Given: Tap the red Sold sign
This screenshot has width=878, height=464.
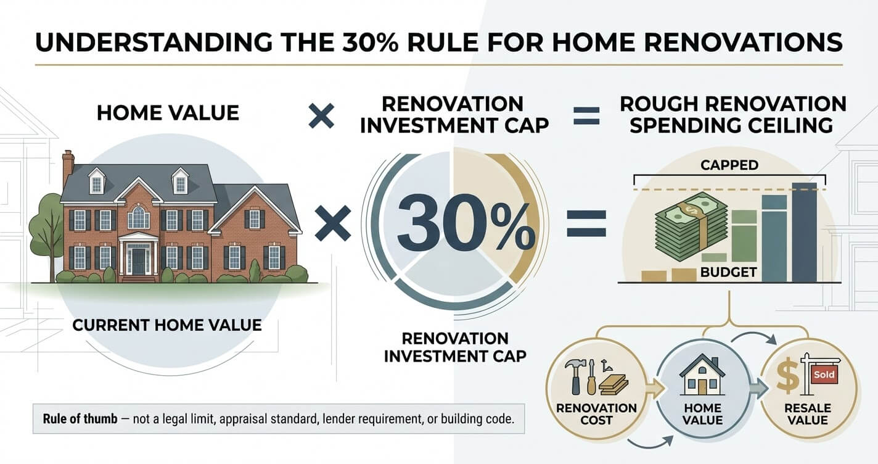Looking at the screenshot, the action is pos(824,374).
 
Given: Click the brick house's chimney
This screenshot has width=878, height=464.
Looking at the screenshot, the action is pos(68,168).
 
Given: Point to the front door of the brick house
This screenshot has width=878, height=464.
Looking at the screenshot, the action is pos(138,261).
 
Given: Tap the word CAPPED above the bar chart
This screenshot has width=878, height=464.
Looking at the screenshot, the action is pos(729,165).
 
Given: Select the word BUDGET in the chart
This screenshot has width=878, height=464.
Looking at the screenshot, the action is pos(728,272).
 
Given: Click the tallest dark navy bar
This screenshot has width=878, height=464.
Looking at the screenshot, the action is pos(804,232).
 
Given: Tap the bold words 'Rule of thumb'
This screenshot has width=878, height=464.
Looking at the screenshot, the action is pos(80,419).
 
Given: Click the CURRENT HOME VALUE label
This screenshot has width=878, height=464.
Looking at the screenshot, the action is pos(167,325).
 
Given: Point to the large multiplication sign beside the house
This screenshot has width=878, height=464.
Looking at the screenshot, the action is pos(333,223).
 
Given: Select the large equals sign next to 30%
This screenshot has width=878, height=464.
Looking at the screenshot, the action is pos(587,223).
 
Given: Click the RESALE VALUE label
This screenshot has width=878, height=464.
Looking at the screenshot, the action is pos(808,414).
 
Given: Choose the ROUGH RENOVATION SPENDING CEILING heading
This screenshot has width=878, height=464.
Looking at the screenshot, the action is pos(733,115).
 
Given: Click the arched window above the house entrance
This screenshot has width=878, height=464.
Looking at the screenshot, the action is pos(138,217).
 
